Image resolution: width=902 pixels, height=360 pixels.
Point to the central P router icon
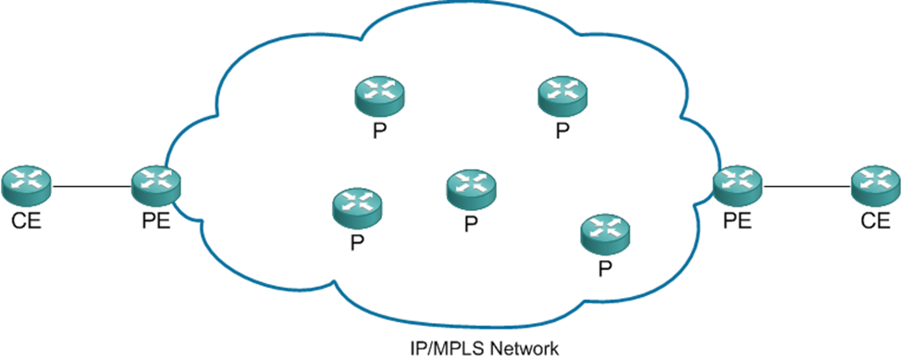pos(470,187)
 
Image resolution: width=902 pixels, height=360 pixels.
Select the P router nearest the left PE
pos(356,208)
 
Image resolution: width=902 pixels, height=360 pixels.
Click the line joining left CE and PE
pos(90,188)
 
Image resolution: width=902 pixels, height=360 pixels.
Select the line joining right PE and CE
pos(806,188)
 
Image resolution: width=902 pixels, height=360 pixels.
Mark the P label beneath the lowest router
pos(604,269)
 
